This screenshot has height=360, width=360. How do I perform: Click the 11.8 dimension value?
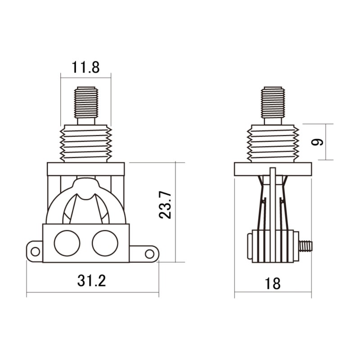(85, 67)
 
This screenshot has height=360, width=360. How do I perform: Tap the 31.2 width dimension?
(91, 281)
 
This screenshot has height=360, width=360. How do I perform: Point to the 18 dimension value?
(273, 283)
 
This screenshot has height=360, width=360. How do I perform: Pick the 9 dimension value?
(319, 142)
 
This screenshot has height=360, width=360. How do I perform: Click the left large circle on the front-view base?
(67, 243)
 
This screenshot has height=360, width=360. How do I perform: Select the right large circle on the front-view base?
(104, 243)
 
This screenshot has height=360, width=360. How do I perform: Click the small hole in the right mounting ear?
(149, 253)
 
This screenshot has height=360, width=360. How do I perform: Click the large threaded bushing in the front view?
(85, 143)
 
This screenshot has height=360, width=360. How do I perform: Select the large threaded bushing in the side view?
(273, 143)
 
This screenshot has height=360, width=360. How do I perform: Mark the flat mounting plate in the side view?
(273, 169)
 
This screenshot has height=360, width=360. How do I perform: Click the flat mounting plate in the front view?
(85, 169)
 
